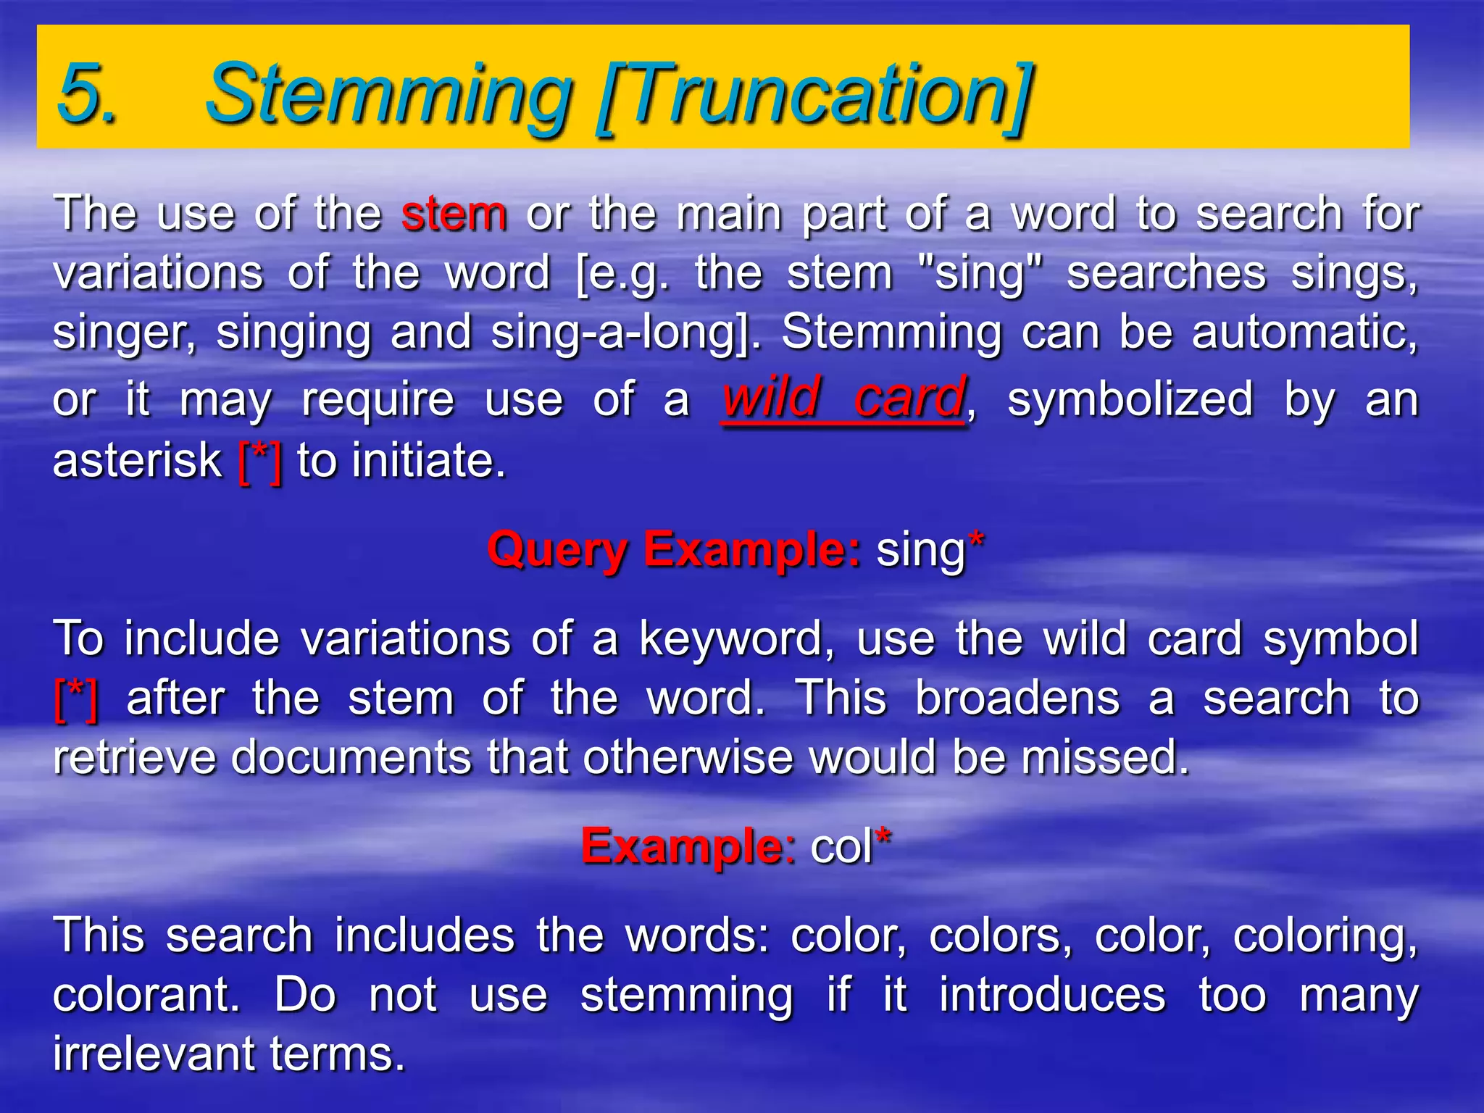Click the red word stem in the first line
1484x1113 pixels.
[x=454, y=214]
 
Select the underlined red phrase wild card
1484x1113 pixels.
[x=843, y=398]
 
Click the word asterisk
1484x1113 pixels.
[x=137, y=461]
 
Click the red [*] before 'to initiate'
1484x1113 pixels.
[x=259, y=461]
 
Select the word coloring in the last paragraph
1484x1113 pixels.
[x=1324, y=936]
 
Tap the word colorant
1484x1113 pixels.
[x=145, y=996]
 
